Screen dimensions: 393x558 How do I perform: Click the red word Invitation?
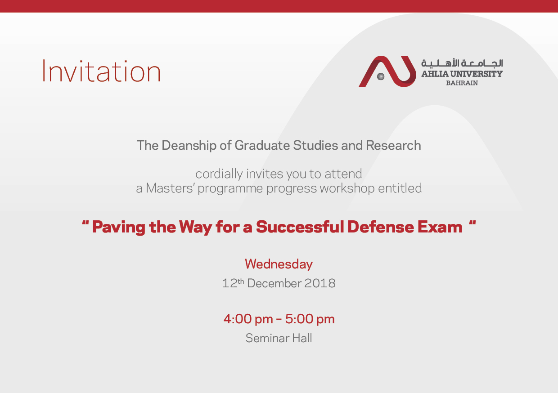click(x=101, y=71)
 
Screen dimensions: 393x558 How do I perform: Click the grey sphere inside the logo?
click(x=381, y=76)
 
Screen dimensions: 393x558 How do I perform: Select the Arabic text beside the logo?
click(x=462, y=63)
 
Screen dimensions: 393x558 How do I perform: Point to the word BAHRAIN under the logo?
click(x=462, y=83)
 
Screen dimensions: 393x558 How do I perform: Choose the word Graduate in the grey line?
click(x=262, y=146)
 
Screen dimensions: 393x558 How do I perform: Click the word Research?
click(x=393, y=146)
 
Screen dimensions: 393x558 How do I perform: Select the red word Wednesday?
click(x=279, y=264)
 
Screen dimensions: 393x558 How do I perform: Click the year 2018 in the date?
click(x=319, y=283)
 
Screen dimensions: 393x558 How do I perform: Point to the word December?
click(x=274, y=283)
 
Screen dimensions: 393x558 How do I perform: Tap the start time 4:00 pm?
click(x=248, y=319)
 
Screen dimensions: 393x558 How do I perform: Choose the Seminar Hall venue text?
click(x=279, y=338)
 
